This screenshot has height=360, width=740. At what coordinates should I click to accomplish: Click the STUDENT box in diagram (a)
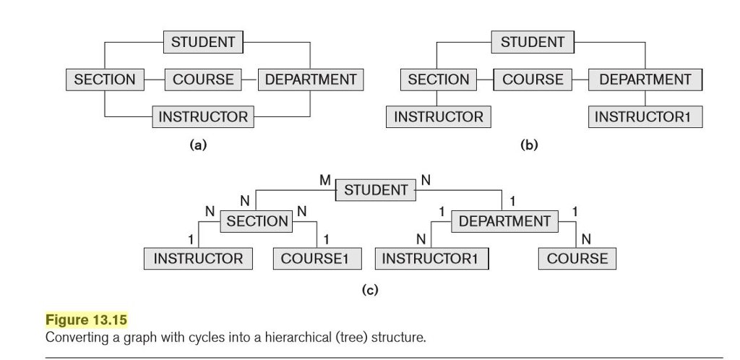pyautogui.click(x=203, y=42)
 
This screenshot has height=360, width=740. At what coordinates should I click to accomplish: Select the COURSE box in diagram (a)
pyautogui.click(x=203, y=80)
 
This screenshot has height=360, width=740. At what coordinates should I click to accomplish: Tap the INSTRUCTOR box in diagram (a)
pyautogui.click(x=203, y=116)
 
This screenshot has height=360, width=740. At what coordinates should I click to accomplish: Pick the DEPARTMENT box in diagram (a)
pyautogui.click(x=311, y=80)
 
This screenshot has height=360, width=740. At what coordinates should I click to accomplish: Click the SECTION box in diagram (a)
pyautogui.click(x=105, y=80)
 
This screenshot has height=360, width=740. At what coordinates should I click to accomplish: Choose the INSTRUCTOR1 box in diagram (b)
pyautogui.click(x=647, y=116)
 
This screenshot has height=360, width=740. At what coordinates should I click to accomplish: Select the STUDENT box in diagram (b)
pyautogui.click(x=533, y=42)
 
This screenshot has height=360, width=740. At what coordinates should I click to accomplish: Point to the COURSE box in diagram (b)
pyautogui.click(x=533, y=80)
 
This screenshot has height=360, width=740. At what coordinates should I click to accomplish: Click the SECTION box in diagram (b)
pyautogui.click(x=438, y=80)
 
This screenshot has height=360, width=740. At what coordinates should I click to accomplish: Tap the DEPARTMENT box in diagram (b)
pyautogui.click(x=645, y=80)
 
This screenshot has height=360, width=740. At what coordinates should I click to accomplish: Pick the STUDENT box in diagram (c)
pyautogui.click(x=376, y=190)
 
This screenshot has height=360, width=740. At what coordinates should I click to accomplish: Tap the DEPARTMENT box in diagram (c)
pyautogui.click(x=504, y=220)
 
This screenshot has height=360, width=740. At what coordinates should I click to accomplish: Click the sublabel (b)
pyautogui.click(x=530, y=145)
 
